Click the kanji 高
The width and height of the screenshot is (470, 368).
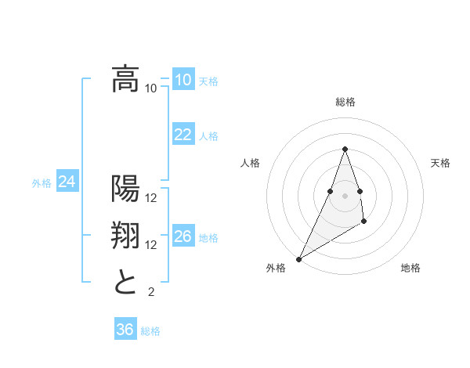click(125, 80)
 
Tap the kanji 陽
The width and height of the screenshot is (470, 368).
click(125, 189)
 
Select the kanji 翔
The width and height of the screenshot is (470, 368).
click(125, 236)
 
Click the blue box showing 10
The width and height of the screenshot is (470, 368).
click(183, 80)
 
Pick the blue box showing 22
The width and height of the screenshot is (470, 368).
click(183, 135)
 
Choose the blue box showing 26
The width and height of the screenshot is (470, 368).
click(183, 236)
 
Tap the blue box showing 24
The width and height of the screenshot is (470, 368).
click(67, 182)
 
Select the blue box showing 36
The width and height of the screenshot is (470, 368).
click(125, 330)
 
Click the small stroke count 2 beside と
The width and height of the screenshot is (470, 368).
click(151, 292)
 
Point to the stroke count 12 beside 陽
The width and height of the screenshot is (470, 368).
click(151, 197)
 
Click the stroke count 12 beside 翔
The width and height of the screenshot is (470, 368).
click(151, 245)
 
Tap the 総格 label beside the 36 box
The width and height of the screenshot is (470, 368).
click(150, 331)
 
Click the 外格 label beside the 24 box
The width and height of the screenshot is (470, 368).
click(42, 183)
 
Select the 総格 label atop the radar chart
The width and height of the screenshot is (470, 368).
click(345, 102)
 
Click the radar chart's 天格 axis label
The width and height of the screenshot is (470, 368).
click(441, 163)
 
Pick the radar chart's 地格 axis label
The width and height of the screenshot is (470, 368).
click(410, 268)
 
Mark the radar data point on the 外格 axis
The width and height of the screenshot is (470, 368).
click(298, 258)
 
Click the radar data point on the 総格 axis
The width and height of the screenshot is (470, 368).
click(345, 150)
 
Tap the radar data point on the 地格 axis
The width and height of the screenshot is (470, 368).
click(364, 223)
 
